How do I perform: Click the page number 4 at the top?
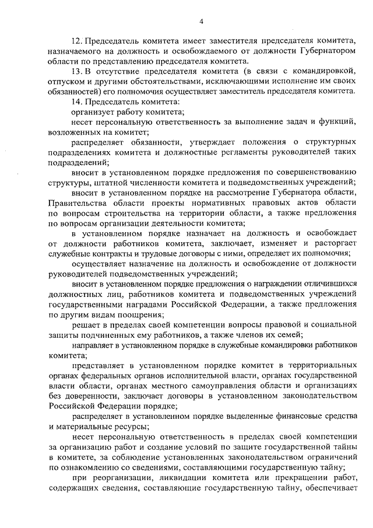click(201, 22)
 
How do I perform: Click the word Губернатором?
click(313, 51)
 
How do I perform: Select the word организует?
click(93, 113)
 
